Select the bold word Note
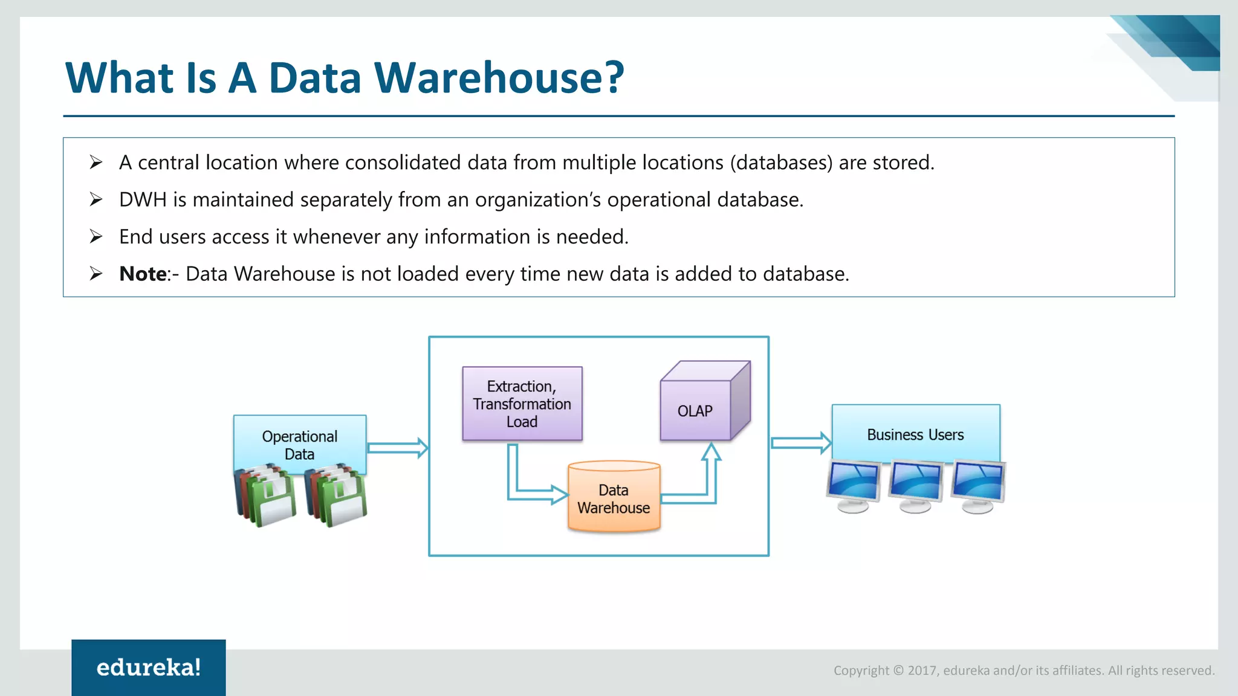pos(143,274)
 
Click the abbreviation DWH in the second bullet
pos(143,200)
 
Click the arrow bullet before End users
pos(96,236)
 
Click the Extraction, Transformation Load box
pos(522,404)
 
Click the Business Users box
pos(915,434)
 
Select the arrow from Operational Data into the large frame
pos(397,448)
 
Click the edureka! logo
pos(149,668)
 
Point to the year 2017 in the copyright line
pos(922,671)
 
